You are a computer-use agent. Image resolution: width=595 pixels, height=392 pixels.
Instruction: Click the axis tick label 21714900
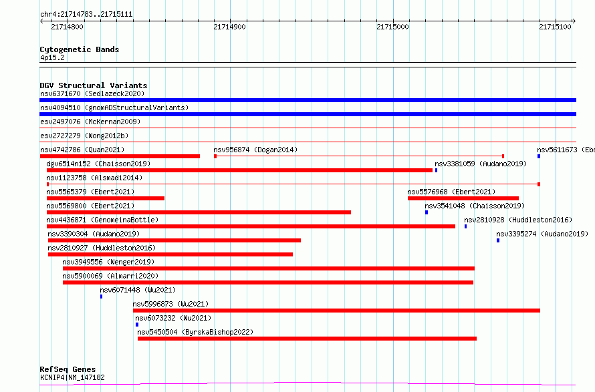[x=229, y=27]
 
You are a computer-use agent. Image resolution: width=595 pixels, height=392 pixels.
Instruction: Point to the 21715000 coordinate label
[x=392, y=27]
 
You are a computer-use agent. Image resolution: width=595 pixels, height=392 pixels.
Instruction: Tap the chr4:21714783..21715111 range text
[x=86, y=15]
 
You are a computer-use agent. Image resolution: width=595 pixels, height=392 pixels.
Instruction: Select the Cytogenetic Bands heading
[x=80, y=49]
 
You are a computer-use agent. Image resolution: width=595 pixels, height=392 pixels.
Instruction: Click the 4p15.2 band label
[x=52, y=57]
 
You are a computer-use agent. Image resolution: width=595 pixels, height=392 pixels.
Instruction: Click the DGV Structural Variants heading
[x=94, y=85]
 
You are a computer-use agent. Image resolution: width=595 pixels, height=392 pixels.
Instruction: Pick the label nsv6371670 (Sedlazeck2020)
[x=92, y=93]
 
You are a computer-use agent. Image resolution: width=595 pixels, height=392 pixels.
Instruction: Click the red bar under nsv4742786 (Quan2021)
[x=120, y=156]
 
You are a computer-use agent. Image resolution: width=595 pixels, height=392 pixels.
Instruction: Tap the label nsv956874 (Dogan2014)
[x=255, y=150]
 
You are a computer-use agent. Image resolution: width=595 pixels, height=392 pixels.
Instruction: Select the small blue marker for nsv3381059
[x=436, y=170]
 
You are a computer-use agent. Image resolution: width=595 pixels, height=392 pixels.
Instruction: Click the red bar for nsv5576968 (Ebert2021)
[x=463, y=198]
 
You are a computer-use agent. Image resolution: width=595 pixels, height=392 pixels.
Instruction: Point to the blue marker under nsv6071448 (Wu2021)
[x=102, y=297]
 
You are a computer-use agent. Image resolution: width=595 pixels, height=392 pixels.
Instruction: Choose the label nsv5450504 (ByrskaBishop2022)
[x=195, y=332]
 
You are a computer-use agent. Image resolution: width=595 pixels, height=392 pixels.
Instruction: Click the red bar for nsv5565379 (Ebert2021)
[x=106, y=198]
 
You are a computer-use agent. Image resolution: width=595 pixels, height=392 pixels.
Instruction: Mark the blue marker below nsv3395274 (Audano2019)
[x=498, y=240]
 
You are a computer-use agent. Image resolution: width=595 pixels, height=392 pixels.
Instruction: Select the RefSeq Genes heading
[x=68, y=369]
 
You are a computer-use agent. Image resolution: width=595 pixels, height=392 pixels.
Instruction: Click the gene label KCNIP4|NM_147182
[x=72, y=377]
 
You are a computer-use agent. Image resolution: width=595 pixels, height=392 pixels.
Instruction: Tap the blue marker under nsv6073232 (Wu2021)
[x=137, y=325]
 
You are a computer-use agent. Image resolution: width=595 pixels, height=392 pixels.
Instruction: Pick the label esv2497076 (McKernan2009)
[x=90, y=122]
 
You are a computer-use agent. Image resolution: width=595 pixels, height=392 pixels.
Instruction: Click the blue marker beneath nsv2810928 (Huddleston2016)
[x=465, y=226]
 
